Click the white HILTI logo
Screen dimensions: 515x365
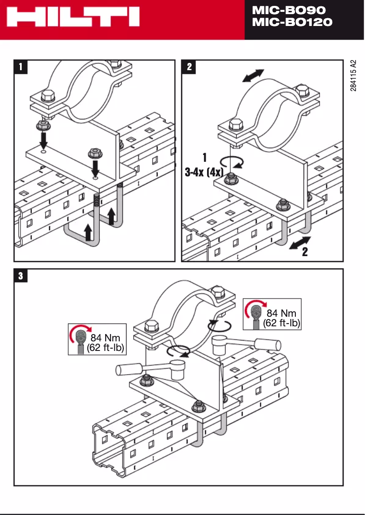click(73, 19)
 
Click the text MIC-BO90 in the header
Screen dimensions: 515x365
click(289, 10)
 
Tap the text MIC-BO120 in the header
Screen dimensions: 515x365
click(292, 22)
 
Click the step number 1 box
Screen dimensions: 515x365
click(20, 67)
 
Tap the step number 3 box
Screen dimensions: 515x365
click(20, 276)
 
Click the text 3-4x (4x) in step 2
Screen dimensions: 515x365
click(204, 173)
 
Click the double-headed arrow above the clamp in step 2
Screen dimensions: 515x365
click(253, 76)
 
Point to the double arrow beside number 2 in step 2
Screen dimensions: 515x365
click(299, 242)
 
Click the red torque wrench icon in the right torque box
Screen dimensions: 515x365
click(255, 312)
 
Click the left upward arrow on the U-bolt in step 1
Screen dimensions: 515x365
click(88, 232)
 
